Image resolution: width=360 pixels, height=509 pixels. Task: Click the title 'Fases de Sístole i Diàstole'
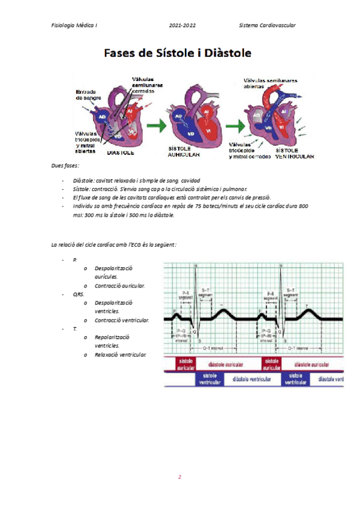[178, 53]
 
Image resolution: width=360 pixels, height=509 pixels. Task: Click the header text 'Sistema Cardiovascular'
[267, 25]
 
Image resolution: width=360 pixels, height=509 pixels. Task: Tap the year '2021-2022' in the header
[182, 25]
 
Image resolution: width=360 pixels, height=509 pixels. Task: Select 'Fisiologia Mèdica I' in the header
[75, 25]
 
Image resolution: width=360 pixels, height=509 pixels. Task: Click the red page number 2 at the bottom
[179, 477]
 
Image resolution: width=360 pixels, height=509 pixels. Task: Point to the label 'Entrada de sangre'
[88, 94]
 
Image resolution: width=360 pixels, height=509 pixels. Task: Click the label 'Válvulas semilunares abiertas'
[270, 83]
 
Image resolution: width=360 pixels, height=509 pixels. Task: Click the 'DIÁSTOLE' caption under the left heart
[122, 153]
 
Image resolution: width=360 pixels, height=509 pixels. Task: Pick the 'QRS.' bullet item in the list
[79, 295]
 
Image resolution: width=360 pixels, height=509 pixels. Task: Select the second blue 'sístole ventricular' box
[296, 379]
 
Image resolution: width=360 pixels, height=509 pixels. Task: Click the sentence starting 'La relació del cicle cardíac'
[113, 244]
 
